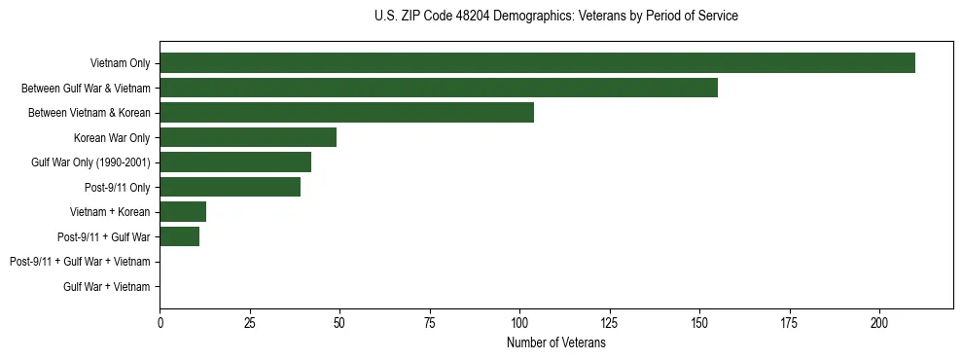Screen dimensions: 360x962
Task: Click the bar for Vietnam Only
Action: pyautogui.click(x=537, y=63)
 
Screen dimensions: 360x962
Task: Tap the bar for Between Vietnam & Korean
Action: pyautogui.click(x=346, y=113)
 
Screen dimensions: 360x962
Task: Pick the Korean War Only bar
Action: pyautogui.click(x=248, y=137)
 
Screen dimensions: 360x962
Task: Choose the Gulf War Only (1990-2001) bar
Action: pyautogui.click(x=235, y=162)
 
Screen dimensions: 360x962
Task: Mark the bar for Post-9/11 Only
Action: pyautogui.click(x=231, y=187)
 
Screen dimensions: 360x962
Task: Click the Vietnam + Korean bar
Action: pyautogui.click(x=183, y=212)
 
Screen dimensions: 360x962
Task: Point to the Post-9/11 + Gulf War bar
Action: pyautogui.click(x=180, y=236)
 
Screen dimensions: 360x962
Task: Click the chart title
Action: pyautogui.click(x=555, y=17)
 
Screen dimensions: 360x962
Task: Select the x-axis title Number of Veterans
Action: pyautogui.click(x=555, y=343)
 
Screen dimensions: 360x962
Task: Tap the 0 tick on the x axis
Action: pyautogui.click(x=160, y=323)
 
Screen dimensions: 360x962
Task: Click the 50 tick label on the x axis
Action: pyautogui.click(x=339, y=323)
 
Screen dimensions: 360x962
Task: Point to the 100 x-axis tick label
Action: pyautogui.click(x=519, y=323)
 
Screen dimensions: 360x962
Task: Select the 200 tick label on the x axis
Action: pyautogui.click(x=879, y=323)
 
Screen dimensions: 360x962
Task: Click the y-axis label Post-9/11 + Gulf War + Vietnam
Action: pyautogui.click(x=80, y=262)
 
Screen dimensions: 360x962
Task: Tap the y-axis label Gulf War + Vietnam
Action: pyautogui.click(x=107, y=286)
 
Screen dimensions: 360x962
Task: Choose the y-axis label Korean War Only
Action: pyautogui.click(x=112, y=138)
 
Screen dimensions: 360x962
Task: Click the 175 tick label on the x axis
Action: pyautogui.click(x=789, y=323)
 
